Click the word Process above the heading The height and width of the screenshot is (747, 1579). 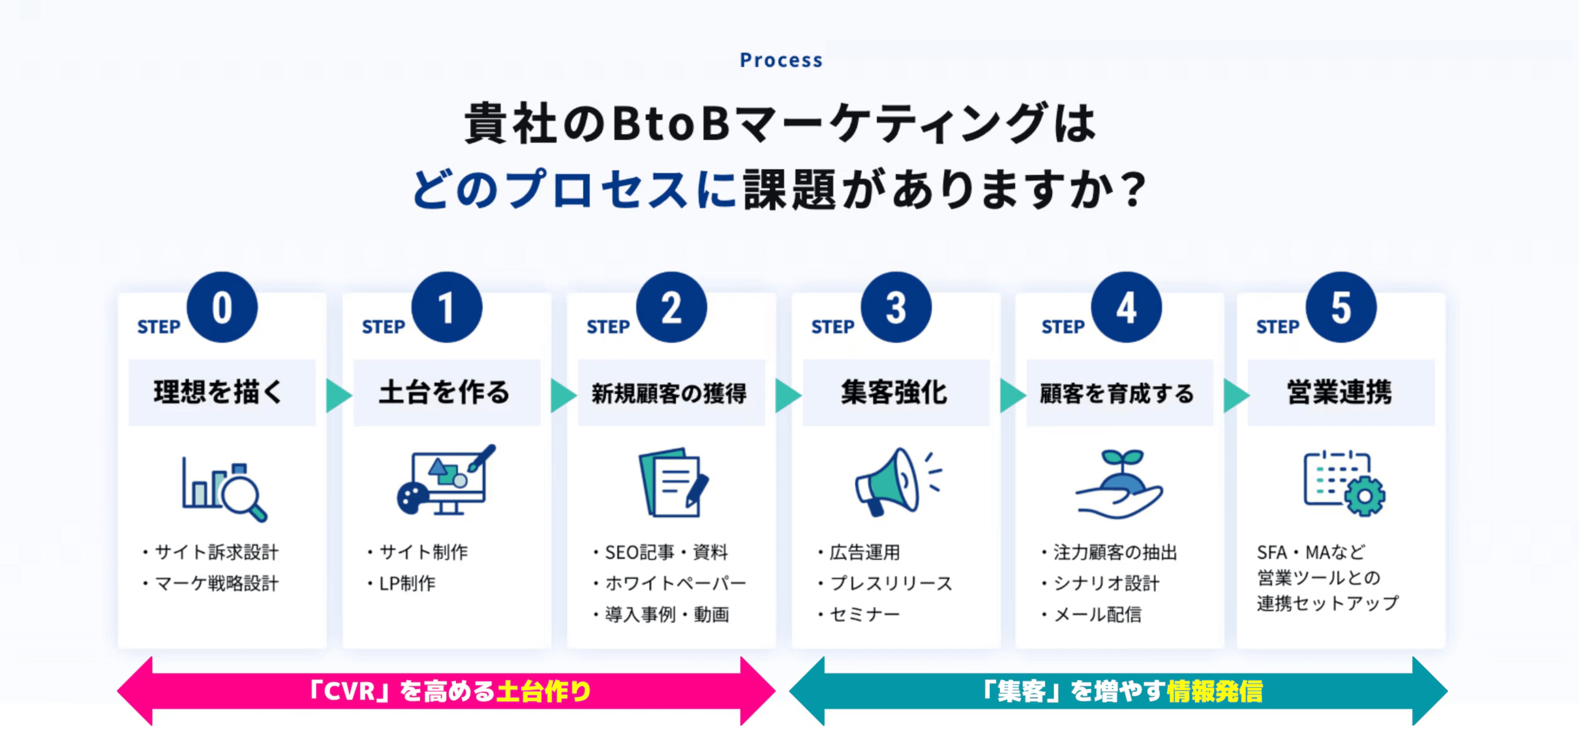tap(781, 60)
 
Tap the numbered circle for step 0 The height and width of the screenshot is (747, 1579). tap(222, 307)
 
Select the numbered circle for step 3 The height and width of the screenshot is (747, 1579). tap(895, 307)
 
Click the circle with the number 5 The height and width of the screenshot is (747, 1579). tap(1341, 307)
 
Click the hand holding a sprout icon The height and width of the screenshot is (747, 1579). tap(1119, 484)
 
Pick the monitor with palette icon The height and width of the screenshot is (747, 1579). tap(446, 480)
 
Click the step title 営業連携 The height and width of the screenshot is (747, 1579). tap(1340, 392)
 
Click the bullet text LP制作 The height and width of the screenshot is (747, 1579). tap(407, 583)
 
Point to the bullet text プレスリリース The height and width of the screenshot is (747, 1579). tap(891, 583)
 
